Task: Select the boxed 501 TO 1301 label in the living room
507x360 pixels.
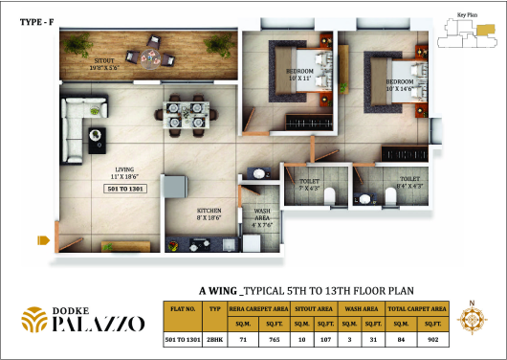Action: pos(125,190)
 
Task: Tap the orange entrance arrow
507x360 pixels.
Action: pos(43,239)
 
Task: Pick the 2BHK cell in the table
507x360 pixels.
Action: pos(215,340)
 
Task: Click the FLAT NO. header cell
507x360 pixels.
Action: pos(183,309)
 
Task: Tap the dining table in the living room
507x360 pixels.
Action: pos(185,113)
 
